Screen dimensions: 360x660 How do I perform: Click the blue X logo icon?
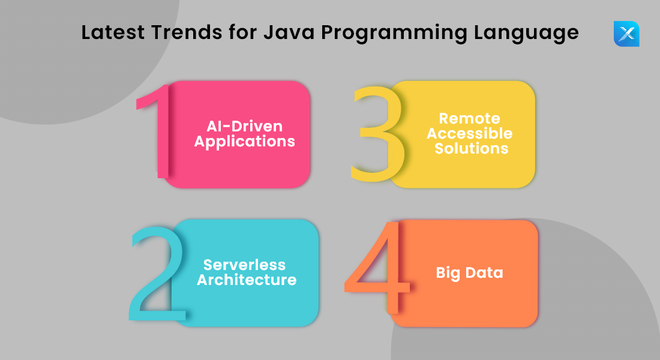(x=626, y=34)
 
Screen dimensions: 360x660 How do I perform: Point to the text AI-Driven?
(x=244, y=127)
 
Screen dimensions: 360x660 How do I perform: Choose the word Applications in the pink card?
(x=245, y=142)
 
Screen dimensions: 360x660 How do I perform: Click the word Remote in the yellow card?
(x=470, y=118)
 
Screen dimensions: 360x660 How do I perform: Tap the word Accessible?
(x=470, y=133)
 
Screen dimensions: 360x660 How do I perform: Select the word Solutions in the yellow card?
(x=472, y=148)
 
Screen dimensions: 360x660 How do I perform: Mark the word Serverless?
(x=244, y=265)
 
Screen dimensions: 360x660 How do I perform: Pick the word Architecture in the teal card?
(x=247, y=280)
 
